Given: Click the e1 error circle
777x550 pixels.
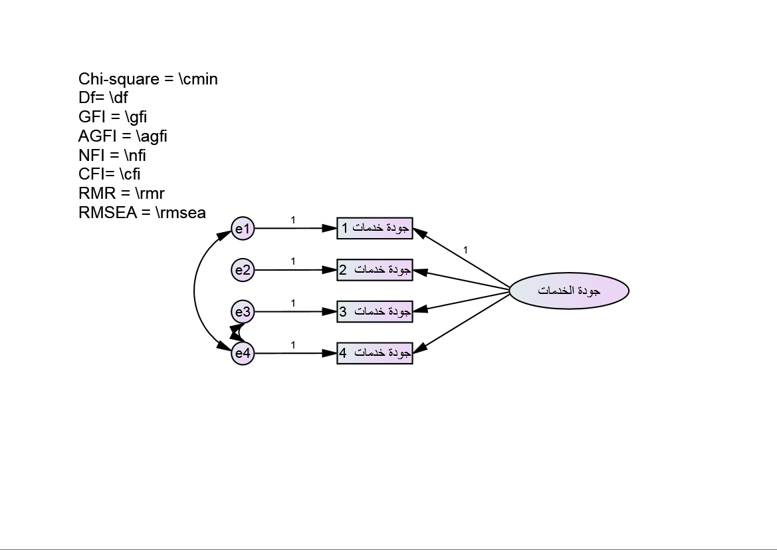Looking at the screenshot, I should click(x=243, y=229).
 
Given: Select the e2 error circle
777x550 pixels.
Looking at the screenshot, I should click(x=243, y=270).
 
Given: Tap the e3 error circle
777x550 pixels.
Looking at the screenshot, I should click(x=243, y=311).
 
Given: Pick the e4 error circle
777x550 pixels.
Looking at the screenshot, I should click(x=243, y=353).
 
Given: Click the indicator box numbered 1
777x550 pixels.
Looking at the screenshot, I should click(x=375, y=228).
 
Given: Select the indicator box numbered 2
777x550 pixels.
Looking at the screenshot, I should click(x=375, y=269).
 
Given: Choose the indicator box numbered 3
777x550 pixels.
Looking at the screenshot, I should click(x=375, y=311).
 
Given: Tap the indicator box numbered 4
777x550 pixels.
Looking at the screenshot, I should click(x=375, y=352).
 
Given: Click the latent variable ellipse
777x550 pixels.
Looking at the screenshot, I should click(x=569, y=291).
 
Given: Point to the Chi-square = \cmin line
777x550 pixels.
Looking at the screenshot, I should click(x=148, y=79).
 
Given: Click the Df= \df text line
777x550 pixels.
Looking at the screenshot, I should click(x=103, y=98).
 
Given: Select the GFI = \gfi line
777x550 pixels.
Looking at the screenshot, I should click(x=113, y=118).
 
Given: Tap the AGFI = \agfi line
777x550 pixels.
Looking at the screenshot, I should click(x=123, y=137).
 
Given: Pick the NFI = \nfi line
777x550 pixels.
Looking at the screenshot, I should click(x=112, y=156).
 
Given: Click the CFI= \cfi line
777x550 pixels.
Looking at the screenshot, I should click(x=110, y=174).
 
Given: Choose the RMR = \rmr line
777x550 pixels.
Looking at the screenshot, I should click(x=122, y=194).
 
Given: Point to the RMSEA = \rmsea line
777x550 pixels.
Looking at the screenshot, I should click(x=142, y=213).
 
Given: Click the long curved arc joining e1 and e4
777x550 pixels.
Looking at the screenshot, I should click(x=194, y=291).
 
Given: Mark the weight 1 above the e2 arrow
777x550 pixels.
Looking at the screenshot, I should click(x=293, y=261).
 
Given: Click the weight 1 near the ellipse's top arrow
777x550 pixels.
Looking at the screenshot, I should click(x=465, y=250).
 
